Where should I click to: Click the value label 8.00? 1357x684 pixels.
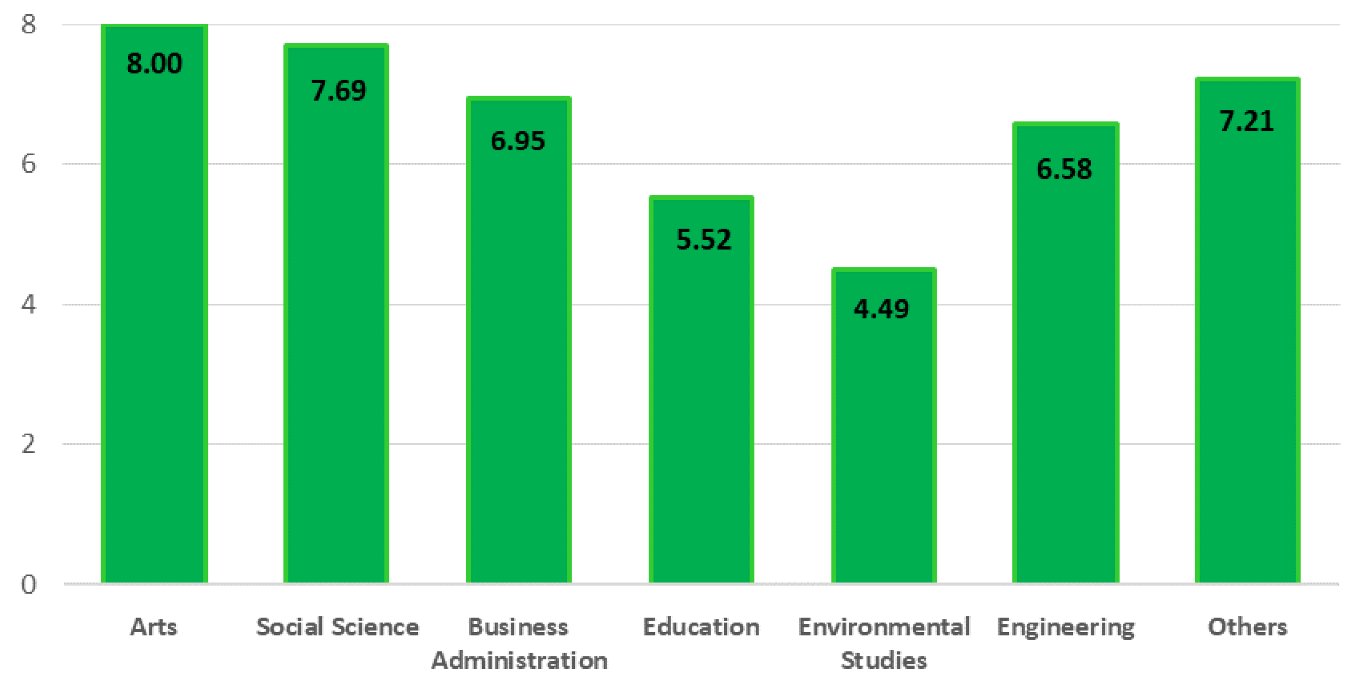pyautogui.click(x=154, y=64)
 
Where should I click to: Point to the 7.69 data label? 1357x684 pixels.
pyautogui.click(x=338, y=90)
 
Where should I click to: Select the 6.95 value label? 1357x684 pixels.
pyautogui.click(x=518, y=141)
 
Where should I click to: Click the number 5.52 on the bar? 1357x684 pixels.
pyautogui.click(x=704, y=240)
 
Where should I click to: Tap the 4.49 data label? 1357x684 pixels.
pyautogui.click(x=882, y=309)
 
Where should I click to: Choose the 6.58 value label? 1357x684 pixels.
pyautogui.click(x=1064, y=169)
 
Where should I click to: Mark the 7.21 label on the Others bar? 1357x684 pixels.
pyautogui.click(x=1247, y=121)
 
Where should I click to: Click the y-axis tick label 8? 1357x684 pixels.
pyautogui.click(x=29, y=24)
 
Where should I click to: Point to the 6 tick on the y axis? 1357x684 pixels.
pyautogui.click(x=29, y=164)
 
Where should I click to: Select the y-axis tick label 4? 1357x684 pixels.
pyautogui.click(x=29, y=304)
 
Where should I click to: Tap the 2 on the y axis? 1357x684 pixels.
pyautogui.click(x=29, y=444)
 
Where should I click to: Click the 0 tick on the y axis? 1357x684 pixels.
pyautogui.click(x=29, y=585)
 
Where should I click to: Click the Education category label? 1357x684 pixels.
pyautogui.click(x=701, y=627)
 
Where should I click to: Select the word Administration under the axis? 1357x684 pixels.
pyautogui.click(x=519, y=660)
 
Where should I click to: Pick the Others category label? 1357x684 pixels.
pyautogui.click(x=1248, y=627)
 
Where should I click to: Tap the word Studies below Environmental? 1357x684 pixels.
pyautogui.click(x=883, y=660)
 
